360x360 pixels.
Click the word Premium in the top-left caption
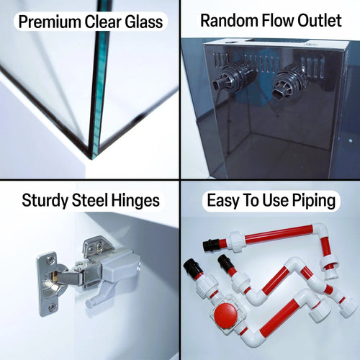(x=50, y=22)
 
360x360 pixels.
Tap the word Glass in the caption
(x=144, y=22)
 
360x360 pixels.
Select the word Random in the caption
(x=229, y=20)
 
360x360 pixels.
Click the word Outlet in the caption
(x=320, y=20)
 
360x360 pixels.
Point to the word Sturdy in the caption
(x=45, y=201)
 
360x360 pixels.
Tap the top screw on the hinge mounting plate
(x=50, y=259)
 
